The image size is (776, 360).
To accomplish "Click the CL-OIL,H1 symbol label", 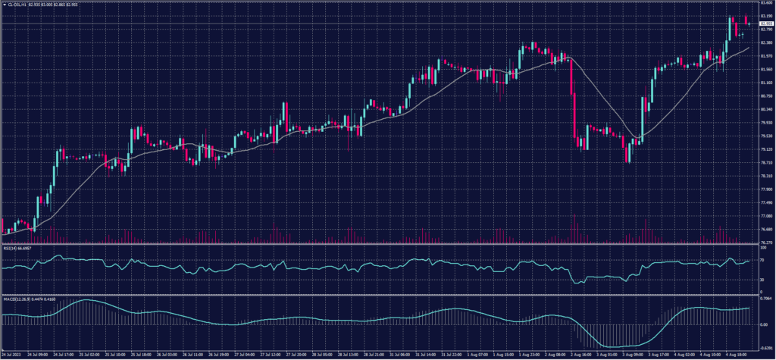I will pyautogui.click(x=18, y=3).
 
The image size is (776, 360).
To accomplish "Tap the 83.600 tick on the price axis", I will pyautogui.click(x=765, y=3).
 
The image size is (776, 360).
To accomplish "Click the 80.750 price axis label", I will pyautogui.click(x=765, y=96).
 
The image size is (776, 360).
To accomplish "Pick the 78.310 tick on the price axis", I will pyautogui.click(x=765, y=176).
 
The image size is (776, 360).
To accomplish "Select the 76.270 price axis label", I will pyautogui.click(x=765, y=243).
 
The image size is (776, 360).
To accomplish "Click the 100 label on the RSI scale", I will pyautogui.click(x=762, y=247).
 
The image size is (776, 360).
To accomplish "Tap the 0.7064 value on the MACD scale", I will pyautogui.click(x=765, y=298).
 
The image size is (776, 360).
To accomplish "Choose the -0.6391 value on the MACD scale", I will pyautogui.click(x=765, y=347).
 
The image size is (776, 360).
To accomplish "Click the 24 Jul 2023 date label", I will pyautogui.click(x=11, y=354).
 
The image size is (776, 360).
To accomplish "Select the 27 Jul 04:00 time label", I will pyautogui.click(x=245, y=354).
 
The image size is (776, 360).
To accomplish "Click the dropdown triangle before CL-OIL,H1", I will pyautogui.click(x=3, y=3).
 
